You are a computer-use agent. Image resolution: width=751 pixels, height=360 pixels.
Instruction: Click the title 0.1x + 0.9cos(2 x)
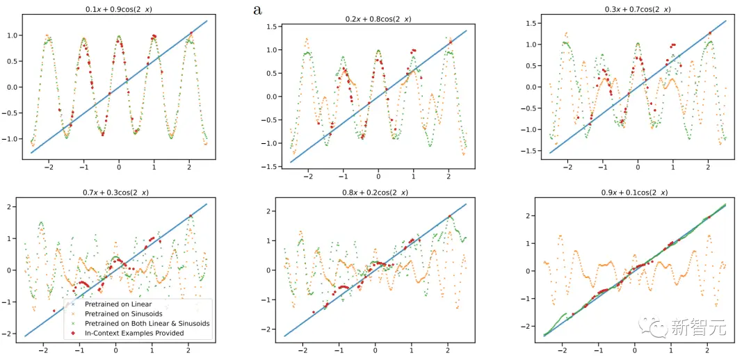coord(119,9)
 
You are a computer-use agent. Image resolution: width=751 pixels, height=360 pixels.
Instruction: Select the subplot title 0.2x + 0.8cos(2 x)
coord(378,18)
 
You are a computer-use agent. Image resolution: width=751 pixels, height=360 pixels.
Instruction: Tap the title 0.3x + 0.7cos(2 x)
coord(638,9)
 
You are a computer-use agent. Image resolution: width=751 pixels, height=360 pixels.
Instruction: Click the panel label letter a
coord(258,10)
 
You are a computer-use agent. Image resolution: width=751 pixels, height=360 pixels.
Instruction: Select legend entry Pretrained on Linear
coord(118,304)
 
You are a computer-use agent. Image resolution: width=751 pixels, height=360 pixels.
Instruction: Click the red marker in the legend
coord(74,334)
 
